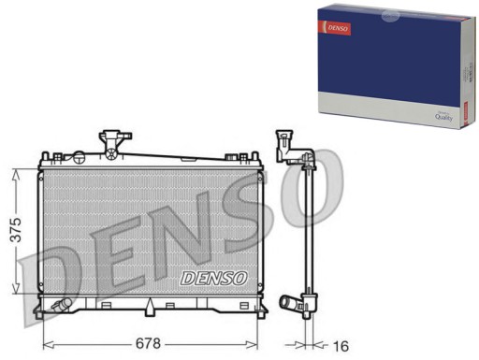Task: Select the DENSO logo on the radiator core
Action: coord(212,278)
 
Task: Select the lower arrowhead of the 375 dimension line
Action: coord(16,292)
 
